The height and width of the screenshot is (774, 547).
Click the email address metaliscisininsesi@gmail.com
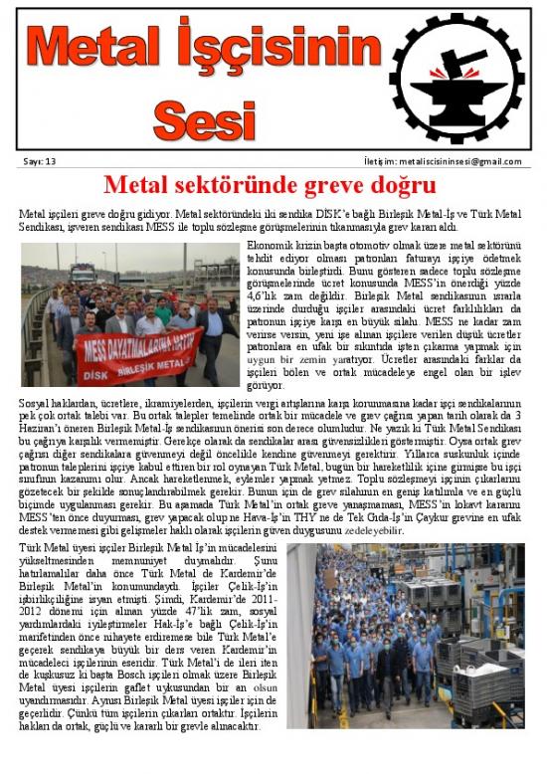[456, 161]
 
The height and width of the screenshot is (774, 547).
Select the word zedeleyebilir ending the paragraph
[372, 530]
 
